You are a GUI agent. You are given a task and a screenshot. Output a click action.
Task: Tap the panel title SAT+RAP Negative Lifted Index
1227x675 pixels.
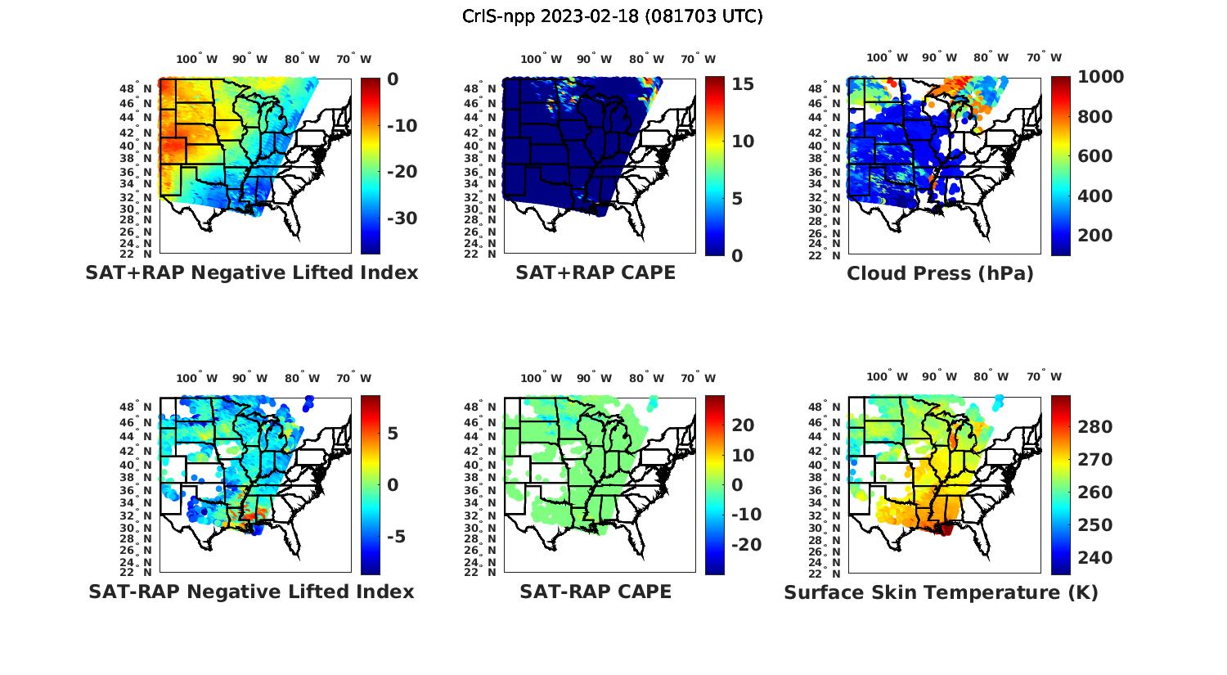(251, 272)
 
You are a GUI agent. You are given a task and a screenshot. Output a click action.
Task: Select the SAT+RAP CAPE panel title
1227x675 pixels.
(596, 272)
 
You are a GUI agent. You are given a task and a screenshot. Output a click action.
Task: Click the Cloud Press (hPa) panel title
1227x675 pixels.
(940, 273)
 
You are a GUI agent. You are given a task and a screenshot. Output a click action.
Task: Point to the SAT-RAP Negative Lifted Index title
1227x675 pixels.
(251, 592)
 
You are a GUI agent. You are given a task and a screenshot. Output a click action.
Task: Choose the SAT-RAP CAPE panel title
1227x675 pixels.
(596, 592)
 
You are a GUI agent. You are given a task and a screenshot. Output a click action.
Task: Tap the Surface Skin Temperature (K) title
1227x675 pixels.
(941, 592)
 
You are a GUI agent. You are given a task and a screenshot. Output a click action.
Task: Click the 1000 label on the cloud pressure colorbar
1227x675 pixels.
(1100, 77)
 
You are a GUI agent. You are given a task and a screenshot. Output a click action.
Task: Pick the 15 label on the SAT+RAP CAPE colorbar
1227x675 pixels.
(743, 83)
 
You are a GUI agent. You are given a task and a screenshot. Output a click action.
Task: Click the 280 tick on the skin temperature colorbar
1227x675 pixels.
(1094, 426)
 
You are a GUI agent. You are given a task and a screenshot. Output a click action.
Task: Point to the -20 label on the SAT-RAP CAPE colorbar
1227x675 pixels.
(746, 545)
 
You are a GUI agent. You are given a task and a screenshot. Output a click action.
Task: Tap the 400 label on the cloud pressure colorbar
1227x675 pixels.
(1094, 196)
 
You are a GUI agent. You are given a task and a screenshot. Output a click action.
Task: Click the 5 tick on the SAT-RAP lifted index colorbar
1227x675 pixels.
(393, 433)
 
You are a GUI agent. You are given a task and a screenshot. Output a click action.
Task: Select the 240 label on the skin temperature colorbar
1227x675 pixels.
(1094, 558)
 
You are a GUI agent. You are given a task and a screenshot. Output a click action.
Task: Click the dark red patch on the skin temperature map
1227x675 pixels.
(946, 529)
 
